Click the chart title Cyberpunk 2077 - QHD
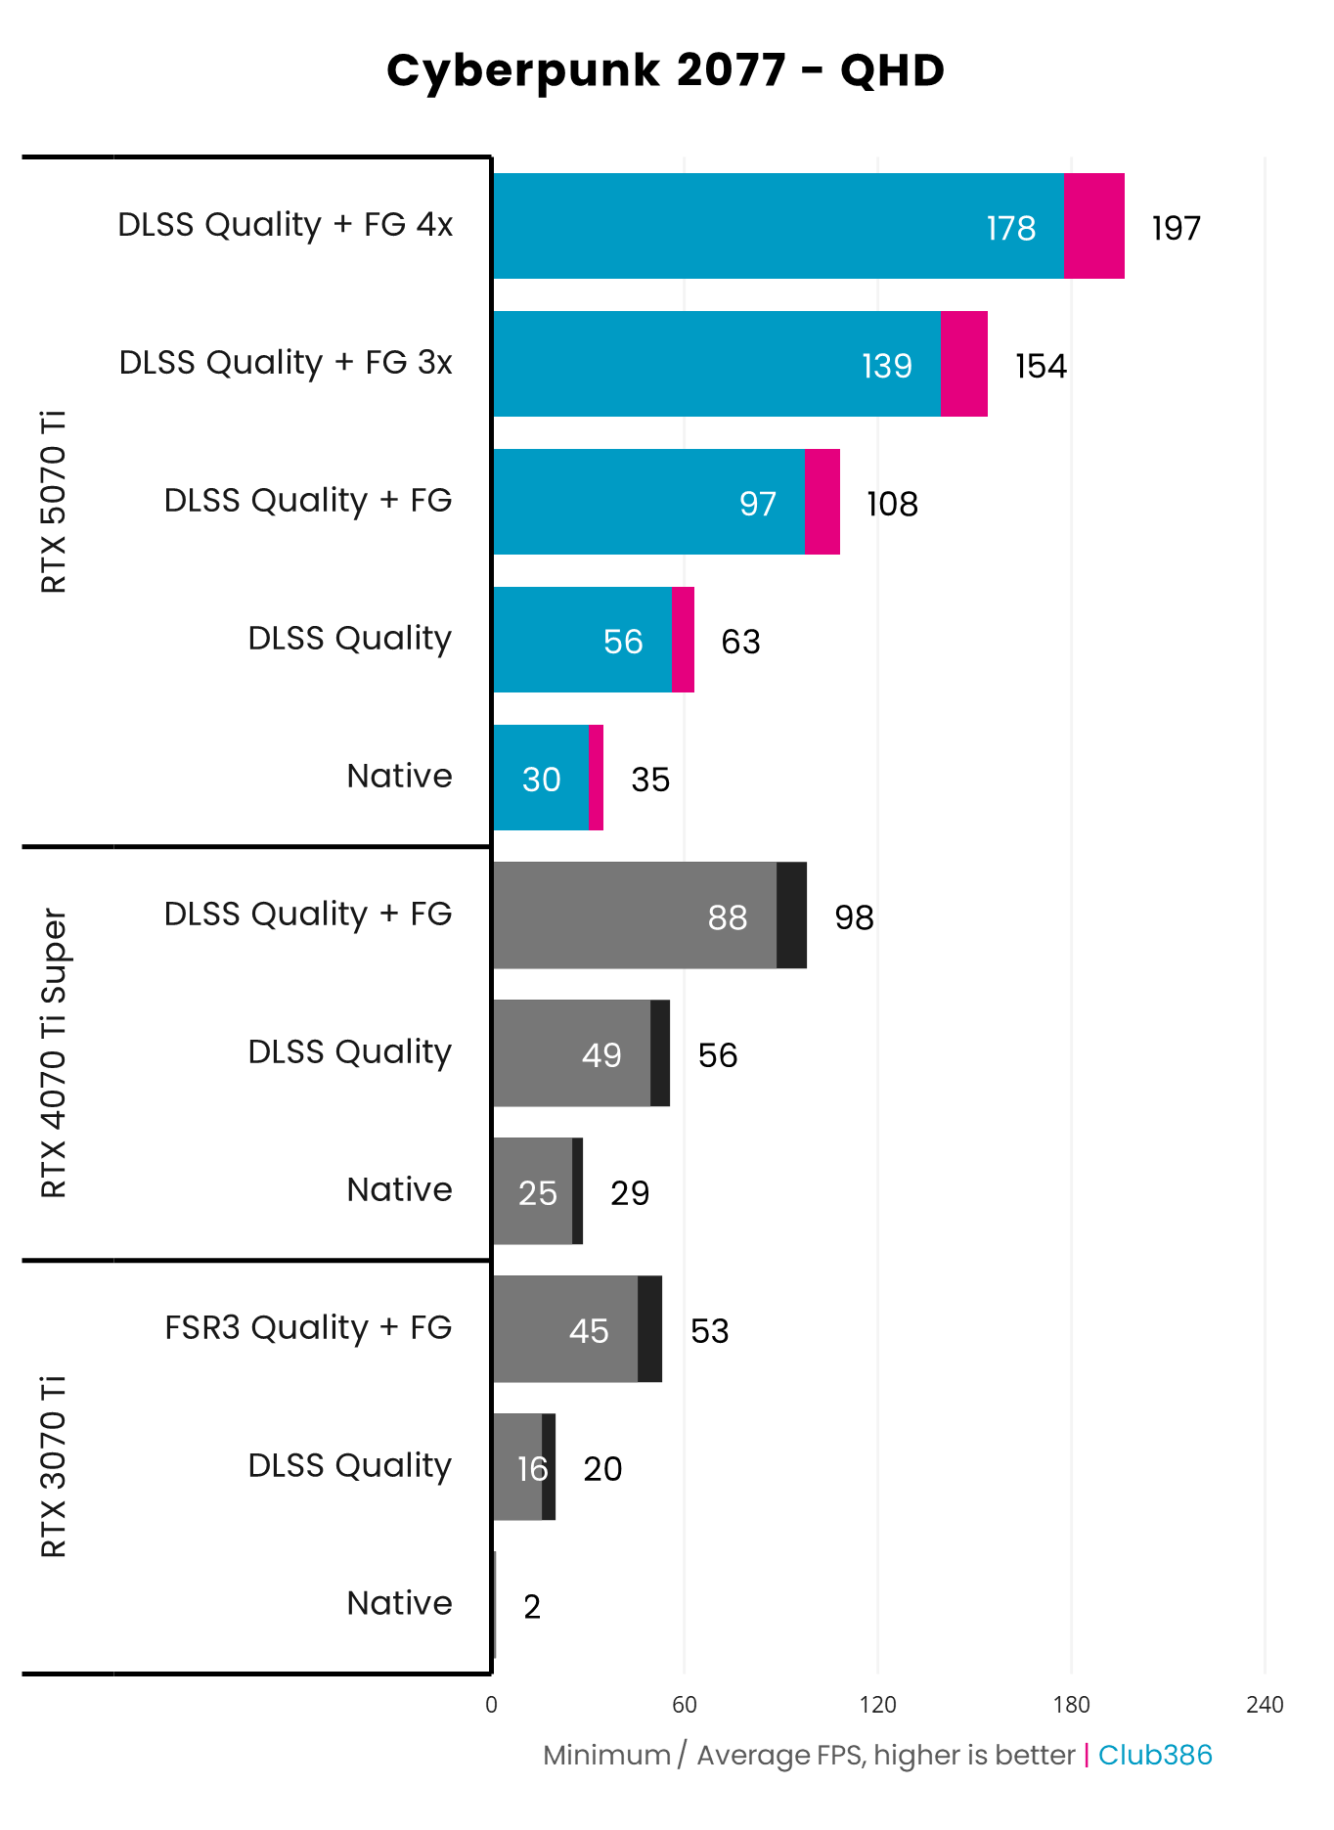click(665, 70)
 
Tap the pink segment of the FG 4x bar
click(1093, 226)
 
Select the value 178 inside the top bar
click(1010, 228)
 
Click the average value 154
click(1041, 366)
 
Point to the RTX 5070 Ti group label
click(54, 501)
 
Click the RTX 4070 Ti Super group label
click(54, 1053)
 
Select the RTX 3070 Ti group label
click(54, 1465)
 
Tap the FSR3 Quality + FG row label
click(307, 1327)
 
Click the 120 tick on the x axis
click(877, 1705)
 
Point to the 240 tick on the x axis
click(1264, 1705)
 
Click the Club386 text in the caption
click(1154, 1755)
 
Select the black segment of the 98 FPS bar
click(791, 915)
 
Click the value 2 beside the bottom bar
click(531, 1606)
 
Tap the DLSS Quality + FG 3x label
click(285, 362)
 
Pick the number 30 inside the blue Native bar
click(541, 780)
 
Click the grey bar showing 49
click(571, 1053)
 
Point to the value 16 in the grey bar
click(532, 1468)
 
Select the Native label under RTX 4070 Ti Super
click(399, 1189)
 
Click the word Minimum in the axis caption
click(606, 1755)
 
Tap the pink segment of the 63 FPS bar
click(683, 640)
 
